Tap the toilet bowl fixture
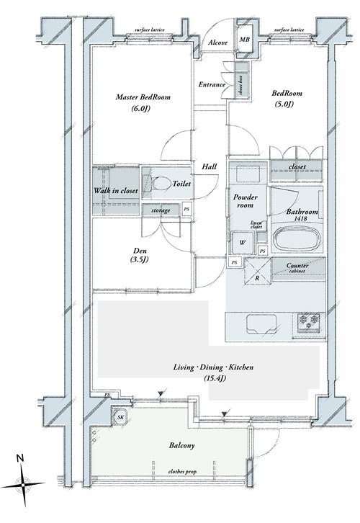click(157, 184)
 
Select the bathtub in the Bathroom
click(297, 239)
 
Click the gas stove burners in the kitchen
click(309, 322)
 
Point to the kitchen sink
click(261, 324)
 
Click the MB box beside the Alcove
click(245, 40)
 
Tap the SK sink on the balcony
click(120, 416)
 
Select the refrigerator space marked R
click(258, 272)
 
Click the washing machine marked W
click(243, 242)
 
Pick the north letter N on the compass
click(21, 458)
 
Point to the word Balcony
click(181, 446)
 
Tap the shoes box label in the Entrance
click(241, 84)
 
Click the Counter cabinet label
click(297, 268)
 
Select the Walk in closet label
click(116, 191)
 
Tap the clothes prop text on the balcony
click(182, 472)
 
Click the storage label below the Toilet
click(161, 210)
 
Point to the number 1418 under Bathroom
click(301, 218)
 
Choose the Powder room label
click(246, 201)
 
